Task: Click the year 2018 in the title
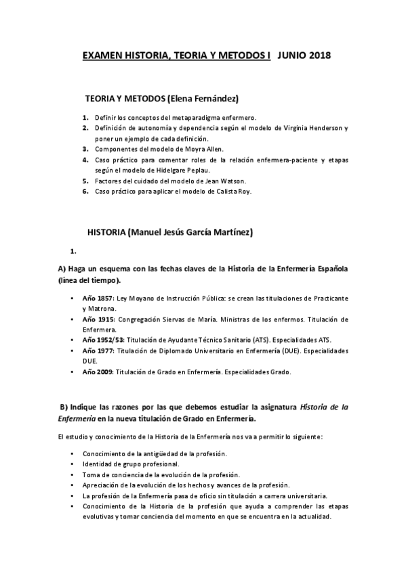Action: pos(317,56)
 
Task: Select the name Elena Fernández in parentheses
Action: pos(204,98)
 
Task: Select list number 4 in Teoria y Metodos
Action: pos(86,160)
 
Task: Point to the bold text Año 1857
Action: pos(98,299)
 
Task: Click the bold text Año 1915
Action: pos(98,319)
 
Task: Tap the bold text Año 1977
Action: pos(98,351)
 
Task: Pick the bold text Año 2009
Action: pos(98,372)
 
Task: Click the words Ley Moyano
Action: pos(136,299)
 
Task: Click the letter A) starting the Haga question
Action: pos(62,269)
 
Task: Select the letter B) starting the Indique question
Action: pos(64,406)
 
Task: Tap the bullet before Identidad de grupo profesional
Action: pos(73,464)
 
